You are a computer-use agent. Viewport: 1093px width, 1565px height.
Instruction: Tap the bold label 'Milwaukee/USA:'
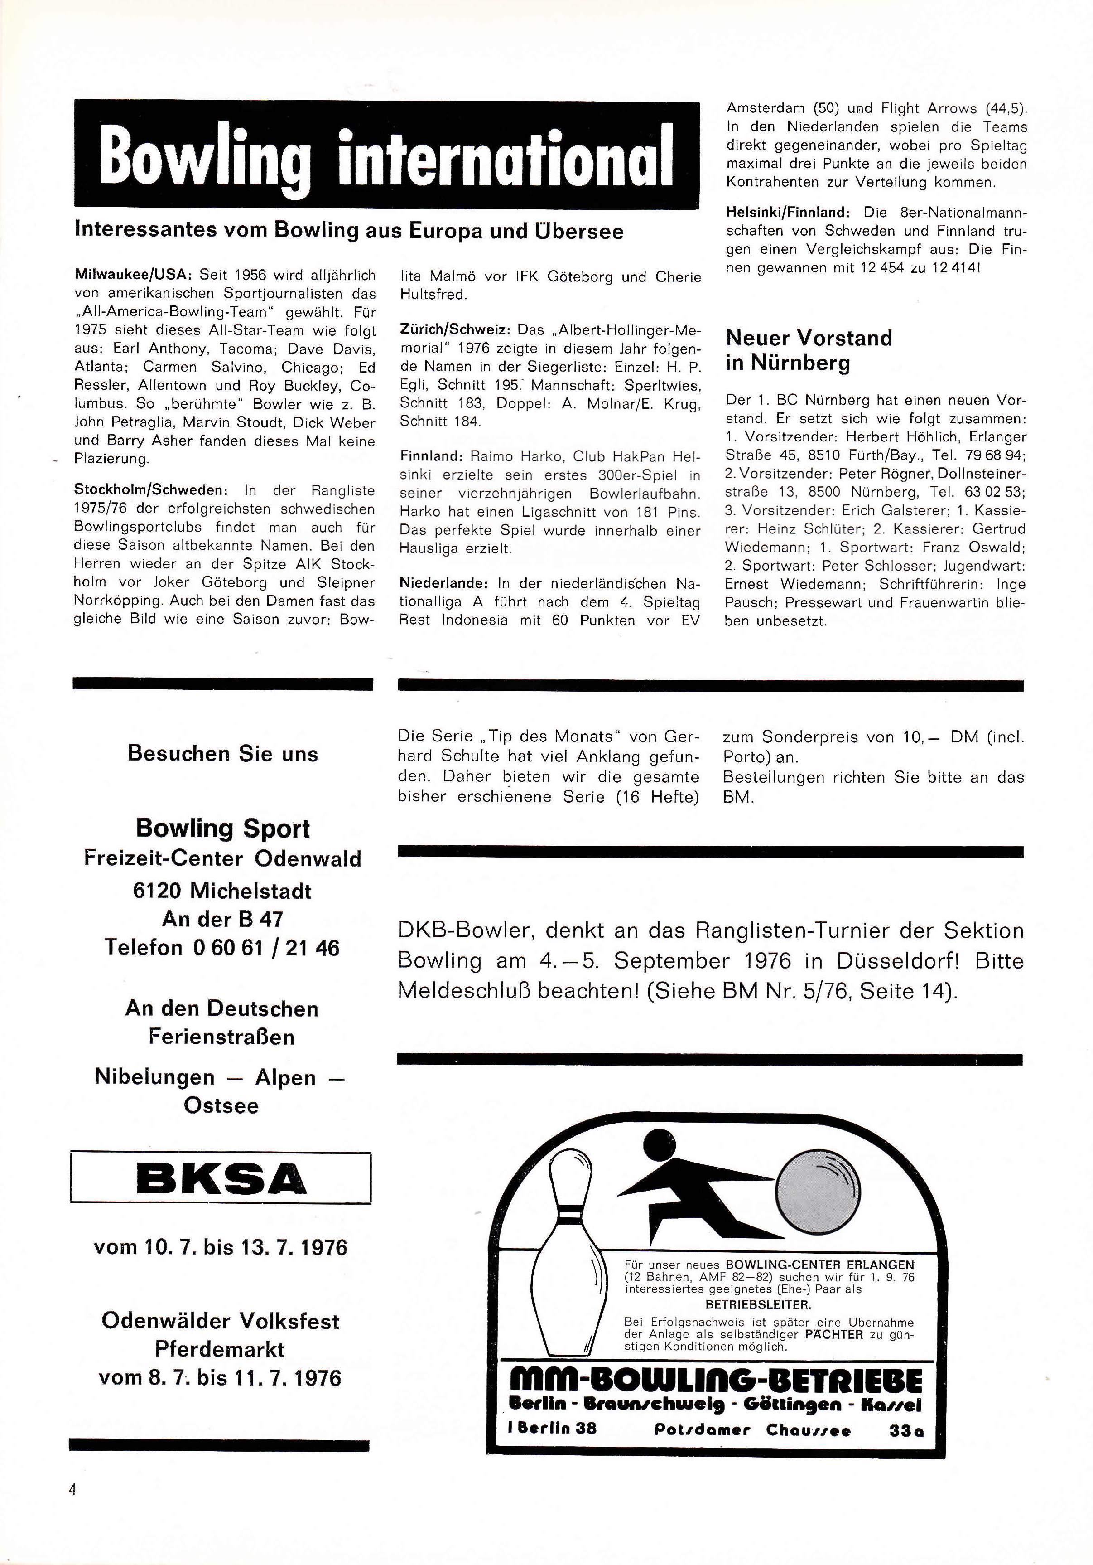pyautogui.click(x=134, y=276)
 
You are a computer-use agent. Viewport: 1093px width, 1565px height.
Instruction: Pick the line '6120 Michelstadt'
pyautogui.click(x=222, y=891)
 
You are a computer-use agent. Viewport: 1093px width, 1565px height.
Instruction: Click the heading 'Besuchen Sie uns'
pyautogui.click(x=222, y=754)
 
